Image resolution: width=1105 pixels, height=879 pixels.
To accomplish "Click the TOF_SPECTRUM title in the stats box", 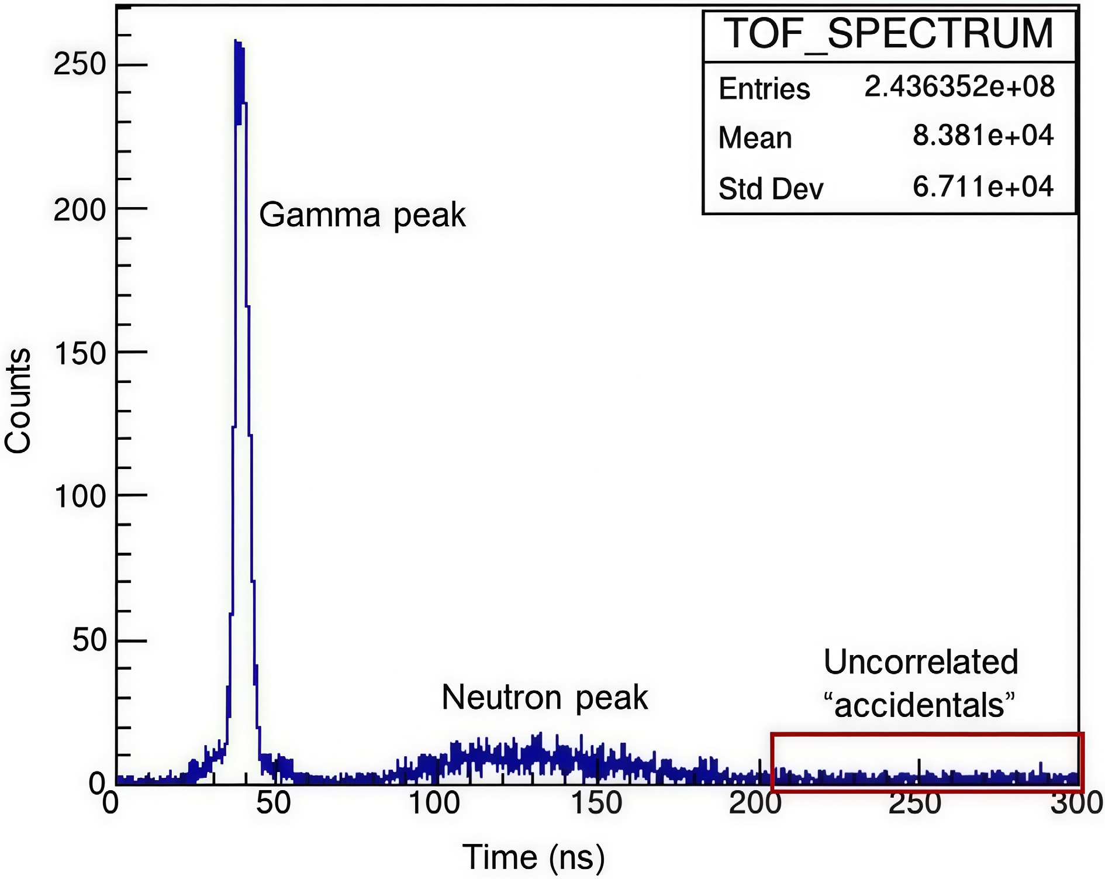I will coord(888,34).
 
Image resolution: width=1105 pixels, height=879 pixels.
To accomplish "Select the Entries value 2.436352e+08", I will coord(959,87).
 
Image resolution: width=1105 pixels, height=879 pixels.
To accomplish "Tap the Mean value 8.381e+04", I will coord(983,136).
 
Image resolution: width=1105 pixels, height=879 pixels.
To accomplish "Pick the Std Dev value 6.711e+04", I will coord(983,187).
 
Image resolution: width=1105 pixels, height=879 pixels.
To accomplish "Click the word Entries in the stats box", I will coord(764,89).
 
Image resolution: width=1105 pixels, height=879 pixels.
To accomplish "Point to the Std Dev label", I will coord(771,189).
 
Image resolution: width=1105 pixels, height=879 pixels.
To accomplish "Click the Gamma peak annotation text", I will coord(362,215).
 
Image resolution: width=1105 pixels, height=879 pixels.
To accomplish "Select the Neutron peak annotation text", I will coord(544,697).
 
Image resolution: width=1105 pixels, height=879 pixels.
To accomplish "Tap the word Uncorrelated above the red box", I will coord(921,662).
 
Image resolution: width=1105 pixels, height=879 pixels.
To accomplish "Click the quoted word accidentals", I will coord(919,705).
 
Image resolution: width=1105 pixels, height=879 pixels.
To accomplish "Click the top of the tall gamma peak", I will coord(238,43).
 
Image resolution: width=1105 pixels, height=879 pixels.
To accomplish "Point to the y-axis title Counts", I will coord(18,401).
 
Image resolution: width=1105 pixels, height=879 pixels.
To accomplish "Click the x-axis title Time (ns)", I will coord(533,857).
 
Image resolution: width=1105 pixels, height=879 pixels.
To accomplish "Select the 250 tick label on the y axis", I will coord(80,64).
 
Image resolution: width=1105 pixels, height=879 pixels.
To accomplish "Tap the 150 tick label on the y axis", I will coord(80,353).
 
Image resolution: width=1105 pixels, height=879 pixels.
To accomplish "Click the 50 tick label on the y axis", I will coord(89,640).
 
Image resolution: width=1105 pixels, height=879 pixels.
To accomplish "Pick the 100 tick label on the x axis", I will coord(434,803).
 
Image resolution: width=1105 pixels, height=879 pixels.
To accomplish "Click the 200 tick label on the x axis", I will coord(755,803).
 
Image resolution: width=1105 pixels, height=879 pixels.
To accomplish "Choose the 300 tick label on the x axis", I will coord(1076,803).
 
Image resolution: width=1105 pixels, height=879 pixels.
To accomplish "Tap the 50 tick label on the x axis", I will coord(273,803).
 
